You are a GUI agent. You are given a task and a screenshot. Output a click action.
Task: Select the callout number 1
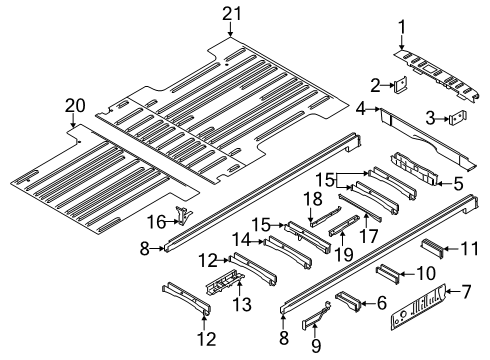pos(403,27)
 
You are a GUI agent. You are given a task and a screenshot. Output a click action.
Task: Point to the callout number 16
pos(157,221)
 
